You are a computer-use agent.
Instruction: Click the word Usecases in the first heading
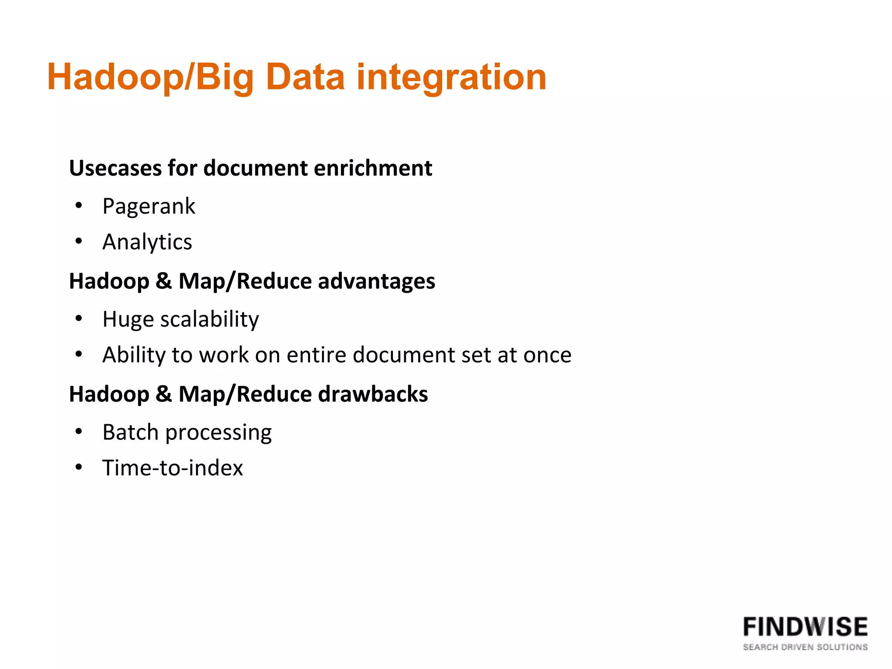pos(115,168)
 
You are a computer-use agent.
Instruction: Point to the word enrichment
pos(373,168)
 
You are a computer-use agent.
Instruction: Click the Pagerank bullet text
pos(149,206)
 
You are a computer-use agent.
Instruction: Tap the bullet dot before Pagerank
pos(78,205)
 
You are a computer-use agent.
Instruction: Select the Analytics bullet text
pos(147,242)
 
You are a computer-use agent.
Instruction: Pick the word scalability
pos(209,320)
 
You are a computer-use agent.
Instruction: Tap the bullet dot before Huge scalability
pos(78,318)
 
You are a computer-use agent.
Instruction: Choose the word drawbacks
pos(373,394)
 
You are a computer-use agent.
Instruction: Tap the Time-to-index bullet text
pos(172,468)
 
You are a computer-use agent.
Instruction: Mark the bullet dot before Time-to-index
pos(78,467)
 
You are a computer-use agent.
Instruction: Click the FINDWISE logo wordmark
pos(805,627)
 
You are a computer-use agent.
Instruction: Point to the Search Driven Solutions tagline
pos(805,647)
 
